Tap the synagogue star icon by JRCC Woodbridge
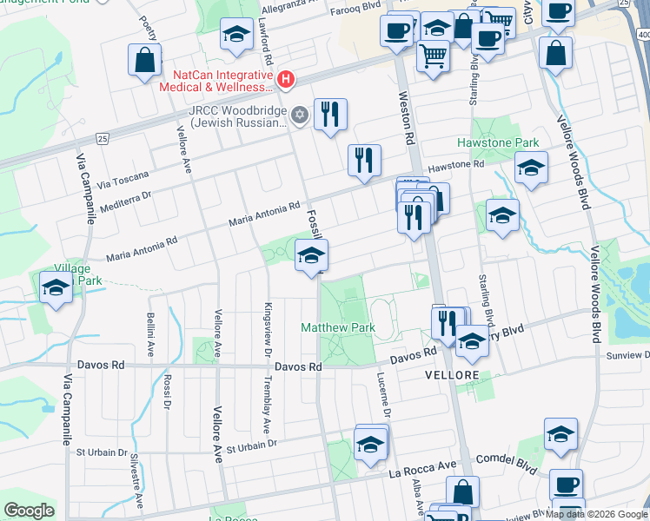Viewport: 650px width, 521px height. point(300,115)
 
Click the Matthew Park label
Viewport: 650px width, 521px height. point(338,328)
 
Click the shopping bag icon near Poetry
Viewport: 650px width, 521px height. point(143,60)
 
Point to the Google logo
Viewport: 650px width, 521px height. point(29,511)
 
